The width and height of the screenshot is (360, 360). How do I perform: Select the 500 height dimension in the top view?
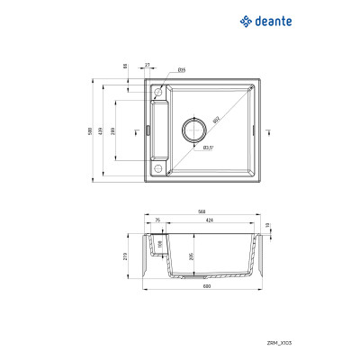(x=90, y=132)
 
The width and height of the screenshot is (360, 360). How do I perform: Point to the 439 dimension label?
(x=103, y=132)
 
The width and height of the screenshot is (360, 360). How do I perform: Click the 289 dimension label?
(x=116, y=132)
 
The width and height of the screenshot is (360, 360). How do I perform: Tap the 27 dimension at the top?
(x=148, y=66)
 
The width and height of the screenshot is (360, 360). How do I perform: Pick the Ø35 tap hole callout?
(x=181, y=69)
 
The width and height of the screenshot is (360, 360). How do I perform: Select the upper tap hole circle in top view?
(x=158, y=93)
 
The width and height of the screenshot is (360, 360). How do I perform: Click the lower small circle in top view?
(x=158, y=168)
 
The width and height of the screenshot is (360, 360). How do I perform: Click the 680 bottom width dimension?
(x=206, y=287)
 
